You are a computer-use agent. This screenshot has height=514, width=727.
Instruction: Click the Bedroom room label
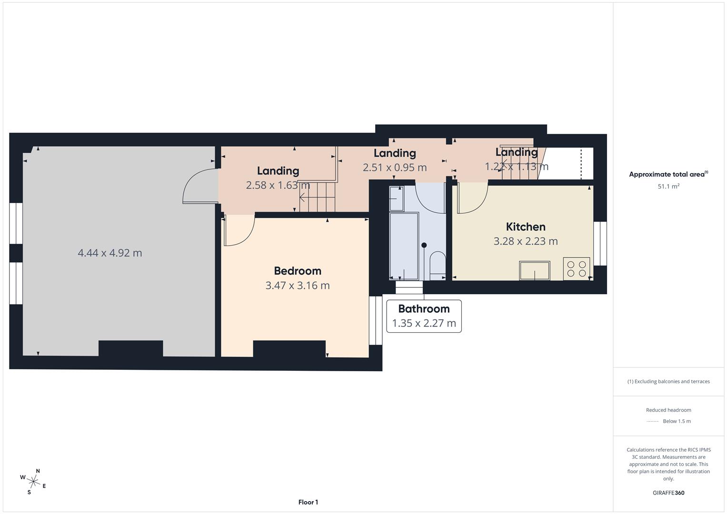[298, 271]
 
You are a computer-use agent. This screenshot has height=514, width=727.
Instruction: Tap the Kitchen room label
[526, 227]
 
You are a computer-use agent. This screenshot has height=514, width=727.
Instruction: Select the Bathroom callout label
[424, 309]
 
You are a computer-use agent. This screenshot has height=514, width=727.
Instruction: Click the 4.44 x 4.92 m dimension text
[110, 253]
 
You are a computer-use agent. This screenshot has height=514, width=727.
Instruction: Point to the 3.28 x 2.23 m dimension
[526, 241]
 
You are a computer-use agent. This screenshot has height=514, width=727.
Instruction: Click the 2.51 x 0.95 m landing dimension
[395, 168]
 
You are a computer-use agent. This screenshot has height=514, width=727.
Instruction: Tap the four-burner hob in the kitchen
[577, 268]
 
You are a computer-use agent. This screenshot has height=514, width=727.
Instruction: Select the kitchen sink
[534, 270]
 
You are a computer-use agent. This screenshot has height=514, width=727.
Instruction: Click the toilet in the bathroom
[437, 265]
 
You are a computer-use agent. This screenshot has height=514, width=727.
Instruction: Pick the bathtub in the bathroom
[404, 246]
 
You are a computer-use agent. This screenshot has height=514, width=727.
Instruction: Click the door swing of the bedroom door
[239, 231]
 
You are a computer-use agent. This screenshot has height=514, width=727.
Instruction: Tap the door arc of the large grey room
[199, 186]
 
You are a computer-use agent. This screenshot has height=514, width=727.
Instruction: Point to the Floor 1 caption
[308, 502]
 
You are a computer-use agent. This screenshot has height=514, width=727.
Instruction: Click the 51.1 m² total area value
[668, 187]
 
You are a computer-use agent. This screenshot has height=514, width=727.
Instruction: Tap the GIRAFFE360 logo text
[668, 493]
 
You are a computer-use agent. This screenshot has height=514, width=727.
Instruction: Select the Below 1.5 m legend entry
[677, 421]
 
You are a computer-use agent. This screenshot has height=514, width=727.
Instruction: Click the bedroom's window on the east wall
[376, 320]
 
